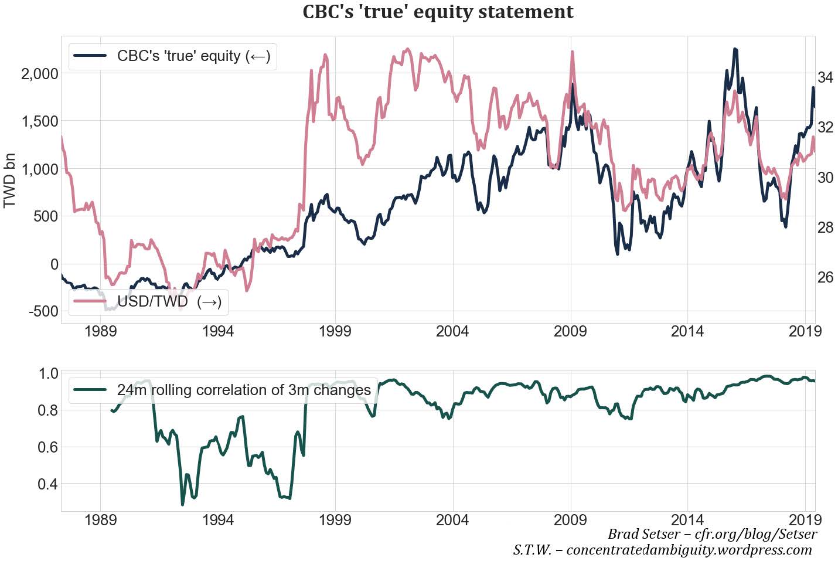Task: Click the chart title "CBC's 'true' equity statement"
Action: (x=438, y=12)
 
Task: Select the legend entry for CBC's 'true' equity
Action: (x=172, y=56)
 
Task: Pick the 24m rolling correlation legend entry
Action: (x=223, y=390)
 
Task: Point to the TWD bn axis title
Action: (x=10, y=181)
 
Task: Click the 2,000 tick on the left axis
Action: (x=39, y=74)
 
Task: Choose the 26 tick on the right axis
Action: (x=825, y=277)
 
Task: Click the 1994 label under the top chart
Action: (x=217, y=332)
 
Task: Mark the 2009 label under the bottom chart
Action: (x=570, y=520)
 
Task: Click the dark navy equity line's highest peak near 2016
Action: (x=735, y=50)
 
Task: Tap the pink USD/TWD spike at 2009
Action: (x=572, y=52)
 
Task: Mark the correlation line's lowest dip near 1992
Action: (x=182, y=504)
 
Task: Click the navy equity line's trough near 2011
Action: (x=618, y=253)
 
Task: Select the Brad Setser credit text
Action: (x=712, y=534)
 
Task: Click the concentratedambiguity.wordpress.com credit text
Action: (x=662, y=550)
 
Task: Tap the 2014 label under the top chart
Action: (x=687, y=332)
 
